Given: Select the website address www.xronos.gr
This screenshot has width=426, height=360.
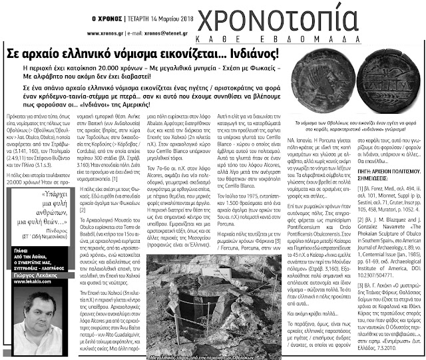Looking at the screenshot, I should pos(95,31).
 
